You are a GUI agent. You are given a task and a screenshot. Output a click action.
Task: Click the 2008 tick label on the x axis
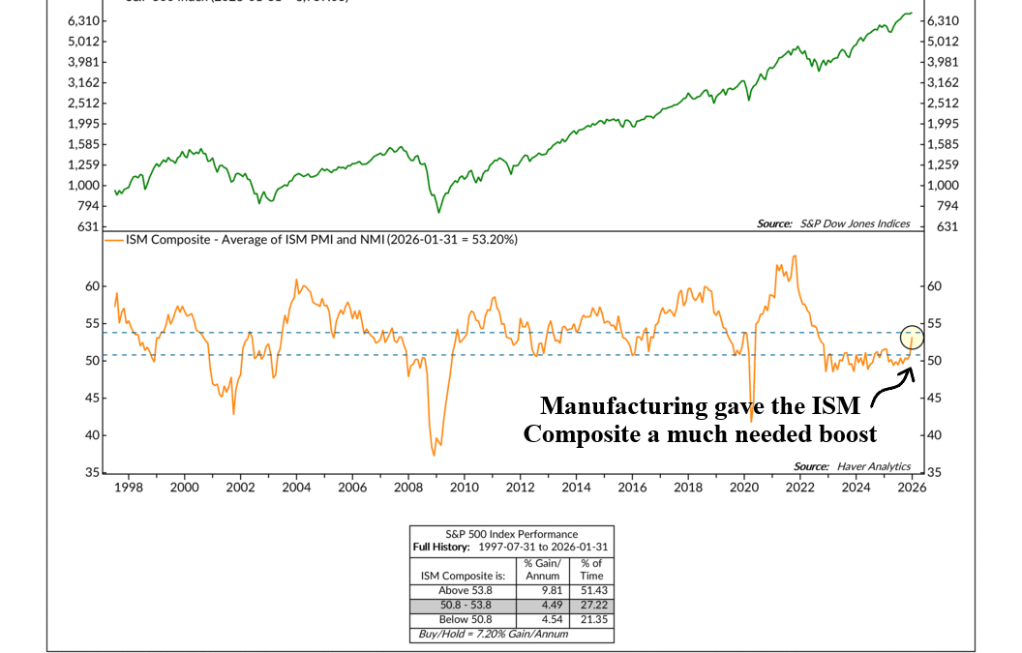[408, 488]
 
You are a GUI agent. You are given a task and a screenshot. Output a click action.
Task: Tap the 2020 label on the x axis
[744, 488]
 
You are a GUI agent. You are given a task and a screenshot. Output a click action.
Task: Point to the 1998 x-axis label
[129, 488]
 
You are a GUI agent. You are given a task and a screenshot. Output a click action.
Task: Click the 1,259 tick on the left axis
[83, 164]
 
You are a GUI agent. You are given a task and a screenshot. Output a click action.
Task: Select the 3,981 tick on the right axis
[943, 62]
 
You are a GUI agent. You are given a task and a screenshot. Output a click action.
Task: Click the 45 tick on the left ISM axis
[92, 398]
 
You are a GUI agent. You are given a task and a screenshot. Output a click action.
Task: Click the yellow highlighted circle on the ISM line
[912, 337]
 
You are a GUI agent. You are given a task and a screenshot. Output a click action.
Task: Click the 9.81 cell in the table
[543, 590]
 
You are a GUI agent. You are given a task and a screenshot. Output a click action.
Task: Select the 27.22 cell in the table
[590, 605]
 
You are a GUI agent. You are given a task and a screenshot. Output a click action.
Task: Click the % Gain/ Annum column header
[543, 570]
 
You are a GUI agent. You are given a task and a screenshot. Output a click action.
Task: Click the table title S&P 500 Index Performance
[511, 534]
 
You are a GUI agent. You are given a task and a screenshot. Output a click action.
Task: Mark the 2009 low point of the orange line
[434, 455]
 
